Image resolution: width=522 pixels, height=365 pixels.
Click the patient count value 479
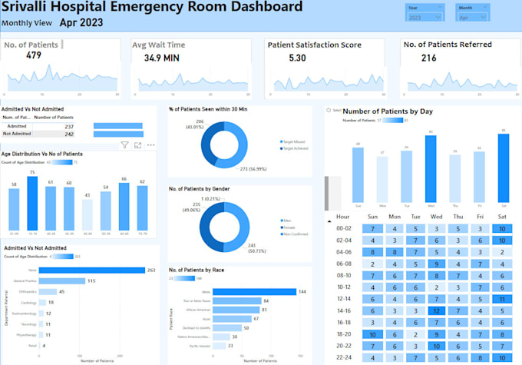(33, 56)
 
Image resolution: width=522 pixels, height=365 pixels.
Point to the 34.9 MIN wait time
(161, 58)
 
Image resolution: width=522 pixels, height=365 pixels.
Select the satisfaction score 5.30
(296, 58)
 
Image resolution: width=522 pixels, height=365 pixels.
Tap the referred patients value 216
(428, 58)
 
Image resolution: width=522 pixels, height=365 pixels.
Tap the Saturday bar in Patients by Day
(503, 169)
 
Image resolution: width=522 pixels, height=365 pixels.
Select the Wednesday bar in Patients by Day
(430, 170)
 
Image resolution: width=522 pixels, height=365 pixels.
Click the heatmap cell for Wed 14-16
(435, 310)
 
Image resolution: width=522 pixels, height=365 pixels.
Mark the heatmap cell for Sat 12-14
(500, 299)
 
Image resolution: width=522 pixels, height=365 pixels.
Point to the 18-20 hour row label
(343, 334)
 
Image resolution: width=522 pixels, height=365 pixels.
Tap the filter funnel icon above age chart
(124, 144)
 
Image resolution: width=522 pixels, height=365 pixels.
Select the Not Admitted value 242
(69, 134)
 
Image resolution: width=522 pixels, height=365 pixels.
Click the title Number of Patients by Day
(388, 111)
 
